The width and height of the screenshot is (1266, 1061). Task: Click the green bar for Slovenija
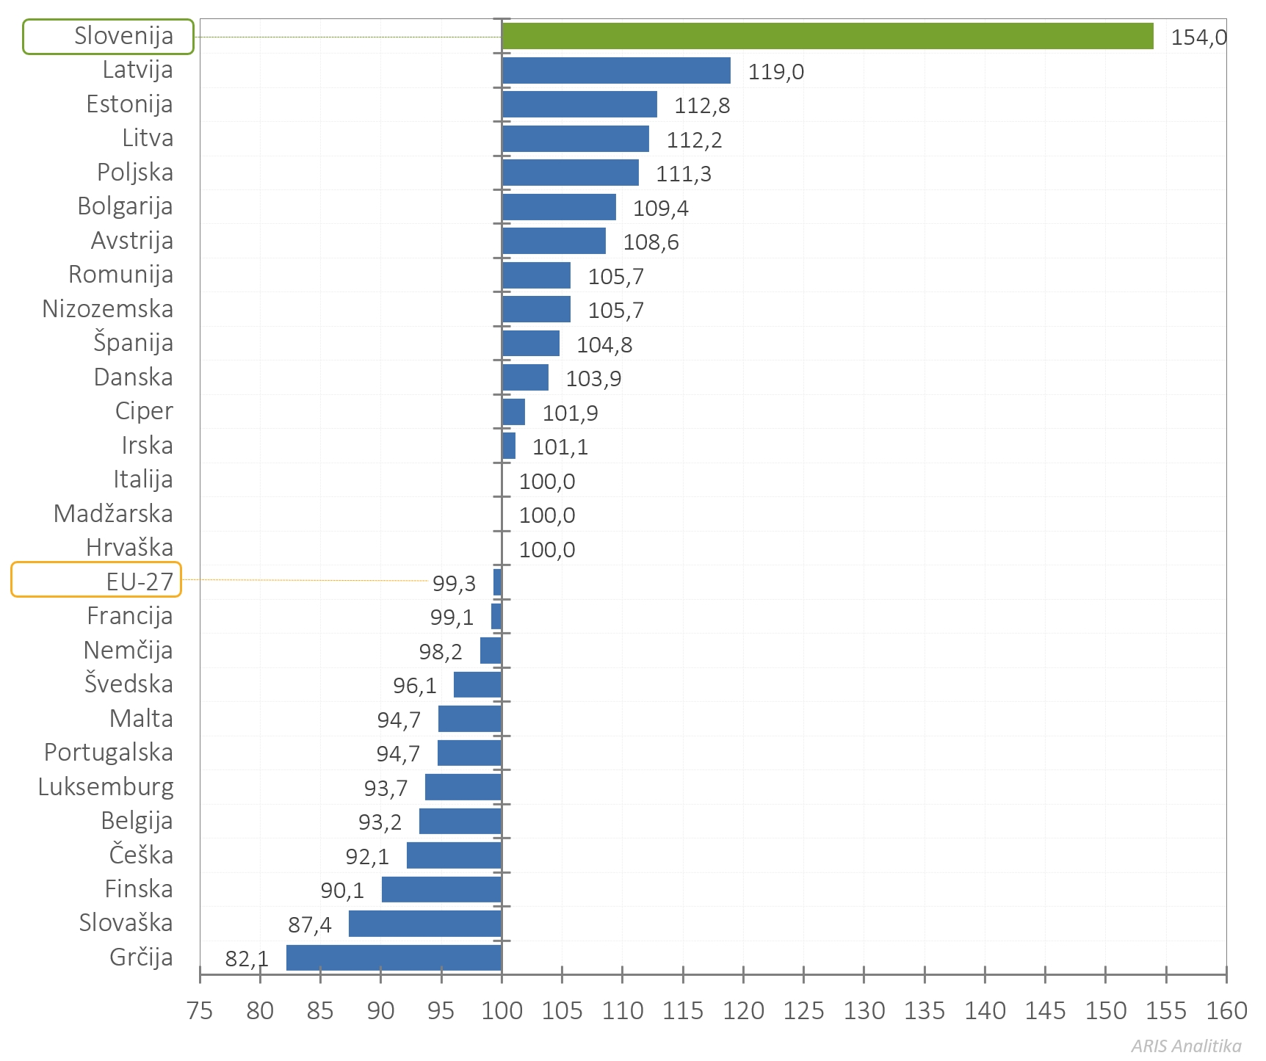[x=827, y=36]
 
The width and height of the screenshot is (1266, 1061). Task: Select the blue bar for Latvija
[x=615, y=70]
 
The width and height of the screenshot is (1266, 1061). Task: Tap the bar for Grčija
[x=394, y=957]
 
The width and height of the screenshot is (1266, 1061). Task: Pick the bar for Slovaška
[x=424, y=924]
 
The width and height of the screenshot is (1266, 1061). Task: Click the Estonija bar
[x=579, y=104]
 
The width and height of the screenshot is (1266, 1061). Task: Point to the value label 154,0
[x=1198, y=37]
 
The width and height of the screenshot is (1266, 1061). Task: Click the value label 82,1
[x=247, y=959]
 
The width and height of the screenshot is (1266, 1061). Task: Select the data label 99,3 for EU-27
[x=454, y=583]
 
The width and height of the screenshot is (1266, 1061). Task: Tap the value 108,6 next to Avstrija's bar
[x=651, y=242]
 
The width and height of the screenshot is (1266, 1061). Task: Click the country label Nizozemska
[x=108, y=309]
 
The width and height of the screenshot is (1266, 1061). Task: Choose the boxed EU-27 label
[x=96, y=580]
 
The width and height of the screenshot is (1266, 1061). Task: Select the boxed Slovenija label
[x=109, y=36]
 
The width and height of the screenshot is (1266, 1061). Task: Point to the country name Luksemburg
[x=106, y=787]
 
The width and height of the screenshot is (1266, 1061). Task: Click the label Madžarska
[x=113, y=514]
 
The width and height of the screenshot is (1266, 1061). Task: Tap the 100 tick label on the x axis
[x=502, y=1011]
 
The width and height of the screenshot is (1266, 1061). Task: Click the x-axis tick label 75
[x=200, y=1011]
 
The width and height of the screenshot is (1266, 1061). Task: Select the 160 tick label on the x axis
[x=1226, y=1011]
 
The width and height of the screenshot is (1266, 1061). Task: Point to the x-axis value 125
[x=803, y=1011]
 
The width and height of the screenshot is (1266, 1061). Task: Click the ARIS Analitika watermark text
[x=1186, y=1046]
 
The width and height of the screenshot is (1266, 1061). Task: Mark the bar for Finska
[x=441, y=889]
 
